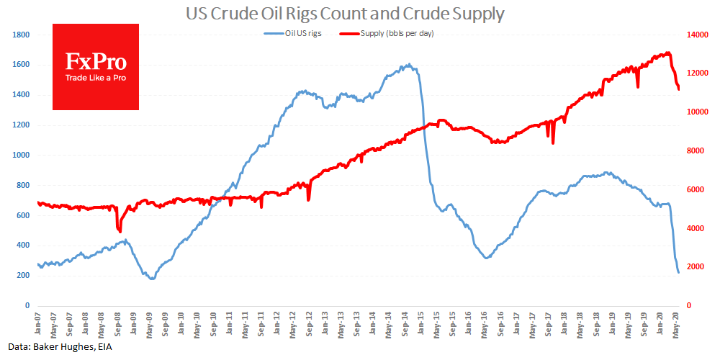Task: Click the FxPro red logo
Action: pos(96,67)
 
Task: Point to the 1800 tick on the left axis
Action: pos(21,35)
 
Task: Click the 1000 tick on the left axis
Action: pos(21,155)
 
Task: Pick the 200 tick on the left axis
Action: pos(23,276)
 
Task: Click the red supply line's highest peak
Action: pos(668,53)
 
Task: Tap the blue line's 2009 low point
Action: pos(152,278)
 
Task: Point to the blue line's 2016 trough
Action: pos(487,258)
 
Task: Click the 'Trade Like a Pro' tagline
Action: pos(96,78)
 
